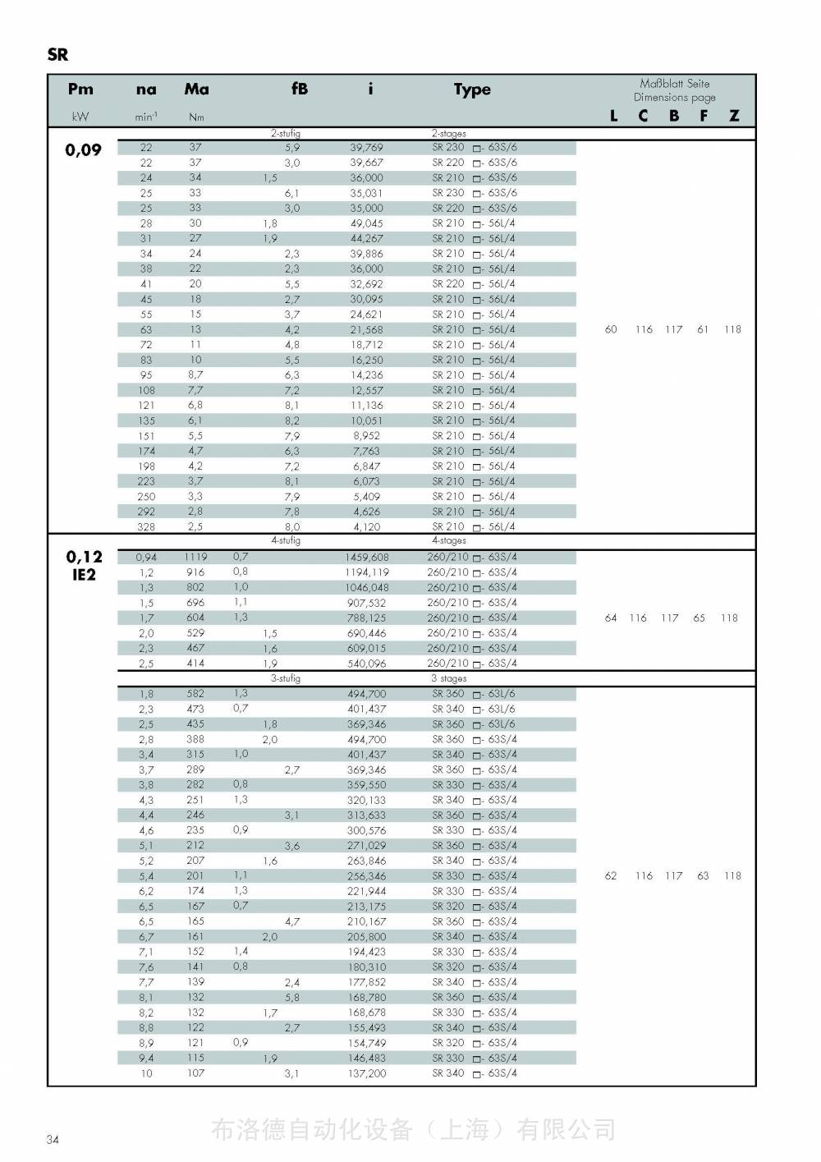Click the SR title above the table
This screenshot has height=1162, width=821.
tap(57, 55)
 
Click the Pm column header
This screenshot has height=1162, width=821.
tap(80, 90)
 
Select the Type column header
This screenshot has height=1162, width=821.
tap(472, 90)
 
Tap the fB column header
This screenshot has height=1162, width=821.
tap(300, 89)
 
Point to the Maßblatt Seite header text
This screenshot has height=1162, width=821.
tap(675, 84)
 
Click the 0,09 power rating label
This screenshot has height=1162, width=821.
tap(84, 149)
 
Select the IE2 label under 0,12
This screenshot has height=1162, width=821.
tap(84, 575)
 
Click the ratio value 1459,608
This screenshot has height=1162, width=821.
tap(367, 557)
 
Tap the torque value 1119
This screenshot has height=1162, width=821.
tap(195, 557)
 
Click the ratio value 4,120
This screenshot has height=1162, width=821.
tap(367, 527)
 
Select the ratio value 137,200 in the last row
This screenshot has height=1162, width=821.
tap(367, 1073)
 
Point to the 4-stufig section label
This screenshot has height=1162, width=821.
tap(286, 540)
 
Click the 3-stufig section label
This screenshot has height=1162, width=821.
tap(286, 678)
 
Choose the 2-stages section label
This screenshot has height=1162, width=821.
tap(449, 133)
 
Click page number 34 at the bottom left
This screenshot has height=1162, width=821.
tap(53, 1139)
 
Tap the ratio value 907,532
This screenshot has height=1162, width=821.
tap(367, 603)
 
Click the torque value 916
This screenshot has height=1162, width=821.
tap(195, 572)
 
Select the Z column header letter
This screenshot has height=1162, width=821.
tap(734, 116)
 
